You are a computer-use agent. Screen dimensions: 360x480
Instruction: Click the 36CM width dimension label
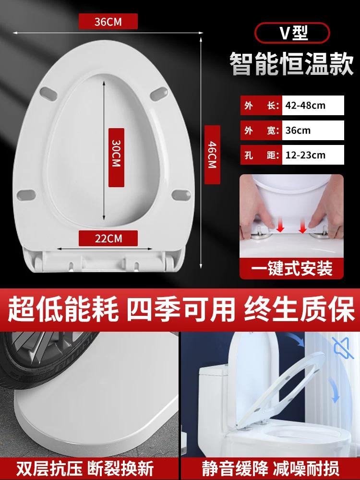tap(108, 22)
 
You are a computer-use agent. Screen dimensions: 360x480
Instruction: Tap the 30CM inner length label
tap(116, 157)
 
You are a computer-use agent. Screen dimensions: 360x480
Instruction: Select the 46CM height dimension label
tap(212, 155)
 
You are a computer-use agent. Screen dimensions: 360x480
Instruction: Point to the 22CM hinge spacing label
tap(108, 238)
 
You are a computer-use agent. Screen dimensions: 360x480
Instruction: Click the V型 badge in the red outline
tap(292, 33)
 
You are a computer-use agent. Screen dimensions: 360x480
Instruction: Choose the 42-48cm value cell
tap(313, 105)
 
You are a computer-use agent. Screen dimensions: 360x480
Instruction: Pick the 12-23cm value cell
tap(313, 155)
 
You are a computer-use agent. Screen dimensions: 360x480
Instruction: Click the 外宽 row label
tap(261, 131)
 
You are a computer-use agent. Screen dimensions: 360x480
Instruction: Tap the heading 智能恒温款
tap(291, 64)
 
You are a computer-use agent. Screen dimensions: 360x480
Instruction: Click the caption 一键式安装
tap(291, 269)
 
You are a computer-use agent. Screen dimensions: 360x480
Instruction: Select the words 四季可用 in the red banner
tap(181, 309)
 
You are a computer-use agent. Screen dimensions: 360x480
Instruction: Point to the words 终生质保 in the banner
tap(299, 309)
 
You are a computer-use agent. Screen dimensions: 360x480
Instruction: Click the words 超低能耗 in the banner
tap(63, 309)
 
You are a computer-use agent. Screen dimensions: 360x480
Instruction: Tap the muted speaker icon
tap(344, 348)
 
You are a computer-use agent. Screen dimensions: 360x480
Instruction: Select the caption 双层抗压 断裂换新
tap(85, 468)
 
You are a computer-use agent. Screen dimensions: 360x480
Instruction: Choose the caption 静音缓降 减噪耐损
tap(271, 468)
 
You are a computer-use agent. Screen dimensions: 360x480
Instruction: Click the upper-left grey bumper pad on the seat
tap(48, 94)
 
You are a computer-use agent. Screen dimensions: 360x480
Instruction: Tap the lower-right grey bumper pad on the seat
tap(181, 195)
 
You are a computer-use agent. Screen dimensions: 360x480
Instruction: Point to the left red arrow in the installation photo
tap(280, 225)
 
